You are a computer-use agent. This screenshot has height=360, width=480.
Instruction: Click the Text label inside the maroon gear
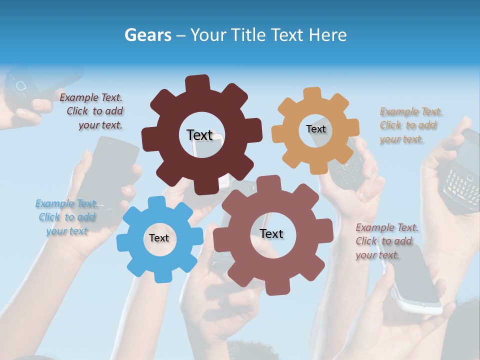[x=199, y=135]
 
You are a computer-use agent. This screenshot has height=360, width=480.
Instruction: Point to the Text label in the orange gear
[x=315, y=129]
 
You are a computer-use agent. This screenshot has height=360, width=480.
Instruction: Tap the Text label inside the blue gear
[x=159, y=238]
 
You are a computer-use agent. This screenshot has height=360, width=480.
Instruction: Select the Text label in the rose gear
[x=271, y=233]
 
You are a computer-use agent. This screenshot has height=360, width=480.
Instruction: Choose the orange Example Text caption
[x=410, y=125]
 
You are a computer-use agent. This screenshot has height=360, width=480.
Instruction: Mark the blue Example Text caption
[x=66, y=217]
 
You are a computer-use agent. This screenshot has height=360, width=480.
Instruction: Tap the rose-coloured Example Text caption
[x=386, y=241]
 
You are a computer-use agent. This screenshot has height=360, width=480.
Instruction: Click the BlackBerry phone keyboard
[x=461, y=182]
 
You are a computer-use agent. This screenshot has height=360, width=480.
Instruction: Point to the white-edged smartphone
[x=415, y=280]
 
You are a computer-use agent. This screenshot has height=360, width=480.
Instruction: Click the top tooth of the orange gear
[x=312, y=93]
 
